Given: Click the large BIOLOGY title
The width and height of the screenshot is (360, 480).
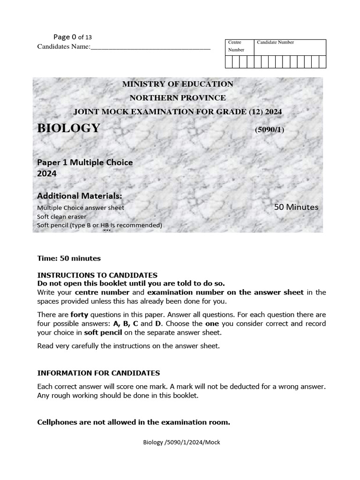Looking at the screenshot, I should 68,128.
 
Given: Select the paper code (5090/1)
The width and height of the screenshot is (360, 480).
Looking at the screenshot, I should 270,130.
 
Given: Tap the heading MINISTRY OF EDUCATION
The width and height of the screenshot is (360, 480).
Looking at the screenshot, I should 178,84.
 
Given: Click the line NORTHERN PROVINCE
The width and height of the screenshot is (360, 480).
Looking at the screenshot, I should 178,98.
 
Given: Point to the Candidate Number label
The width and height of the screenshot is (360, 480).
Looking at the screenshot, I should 275,43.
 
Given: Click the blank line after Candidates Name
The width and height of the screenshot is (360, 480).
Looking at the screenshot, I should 150,47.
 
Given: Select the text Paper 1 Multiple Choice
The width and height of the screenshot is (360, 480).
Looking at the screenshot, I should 85,163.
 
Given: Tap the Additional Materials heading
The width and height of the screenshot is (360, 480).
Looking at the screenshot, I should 79,196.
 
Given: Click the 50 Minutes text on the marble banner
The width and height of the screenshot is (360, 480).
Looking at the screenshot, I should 296,207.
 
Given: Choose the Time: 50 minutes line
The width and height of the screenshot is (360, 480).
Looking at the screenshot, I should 69,258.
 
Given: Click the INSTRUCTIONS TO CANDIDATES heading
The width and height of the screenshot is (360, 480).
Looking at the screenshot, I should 97,275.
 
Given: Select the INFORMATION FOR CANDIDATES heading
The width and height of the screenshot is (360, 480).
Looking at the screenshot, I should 98,373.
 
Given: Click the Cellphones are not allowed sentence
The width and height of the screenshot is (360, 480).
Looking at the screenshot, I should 134,422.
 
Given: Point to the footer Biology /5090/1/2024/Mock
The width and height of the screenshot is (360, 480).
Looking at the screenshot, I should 181,442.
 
